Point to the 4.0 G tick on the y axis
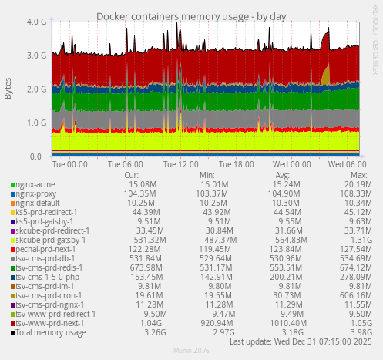(x=33, y=22)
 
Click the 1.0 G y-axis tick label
(x=33, y=123)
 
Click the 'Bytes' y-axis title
(x=8, y=89)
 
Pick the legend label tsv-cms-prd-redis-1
(x=46, y=267)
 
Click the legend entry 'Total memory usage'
(x=46, y=332)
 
